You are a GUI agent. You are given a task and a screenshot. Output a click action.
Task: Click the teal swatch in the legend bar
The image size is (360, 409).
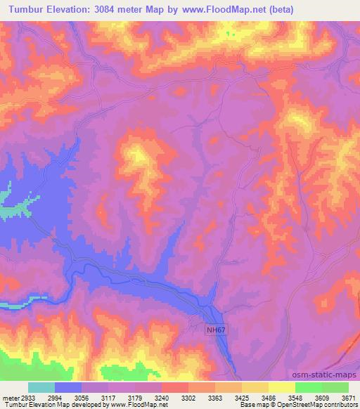41,387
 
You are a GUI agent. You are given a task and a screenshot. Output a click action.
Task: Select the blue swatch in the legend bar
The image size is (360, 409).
68,387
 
